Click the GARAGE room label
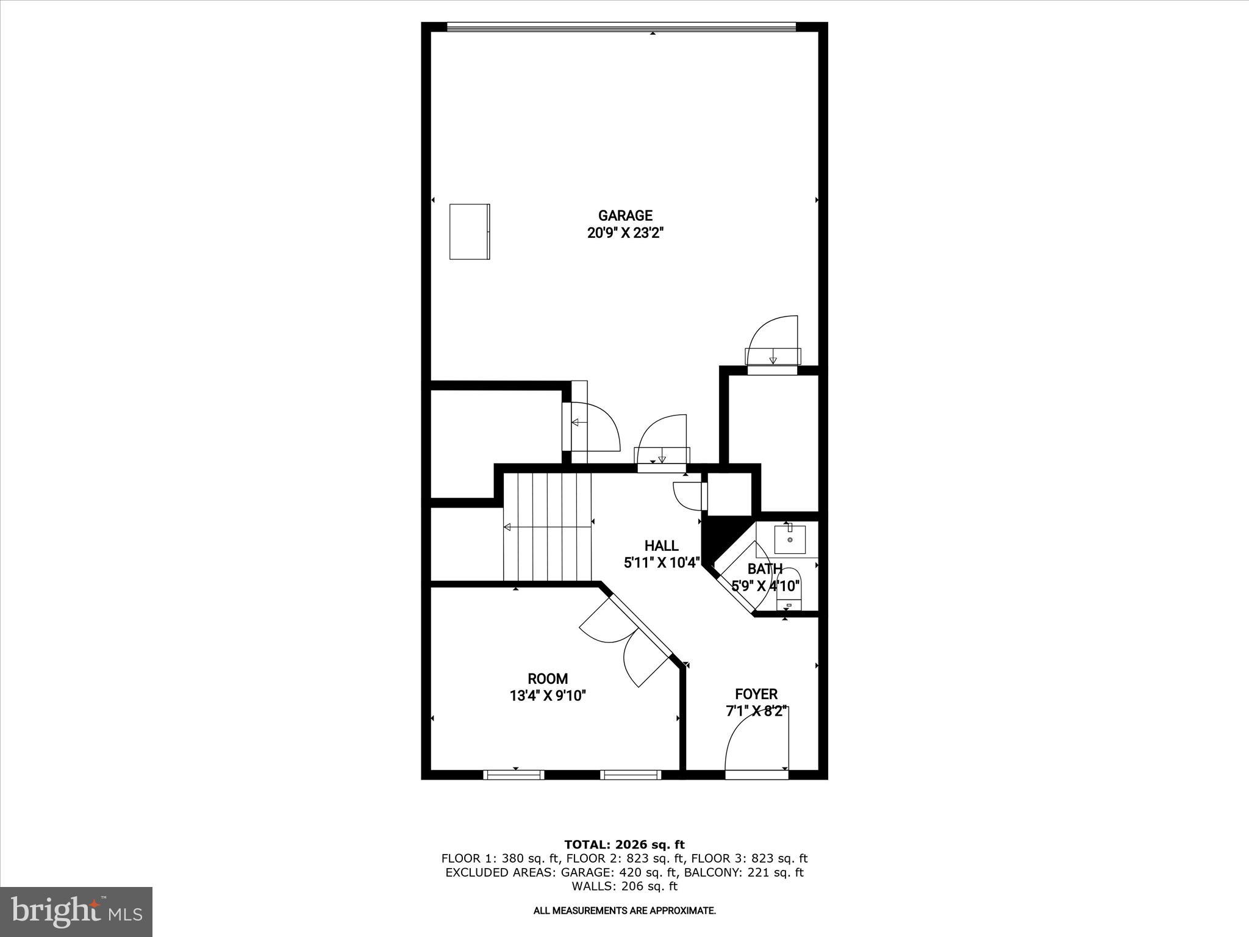(625, 215)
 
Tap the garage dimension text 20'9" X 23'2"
(625, 232)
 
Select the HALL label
(661, 545)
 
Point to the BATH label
(765, 569)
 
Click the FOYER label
(756, 694)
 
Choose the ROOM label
(548, 678)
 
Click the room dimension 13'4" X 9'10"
(548, 695)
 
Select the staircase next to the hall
(548, 528)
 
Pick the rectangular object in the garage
(470, 231)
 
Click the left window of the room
(514, 775)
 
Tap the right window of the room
(631, 775)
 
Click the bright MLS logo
(76, 911)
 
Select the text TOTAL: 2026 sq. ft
(624, 844)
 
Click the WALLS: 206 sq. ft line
(624, 886)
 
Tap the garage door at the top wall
(621, 26)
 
